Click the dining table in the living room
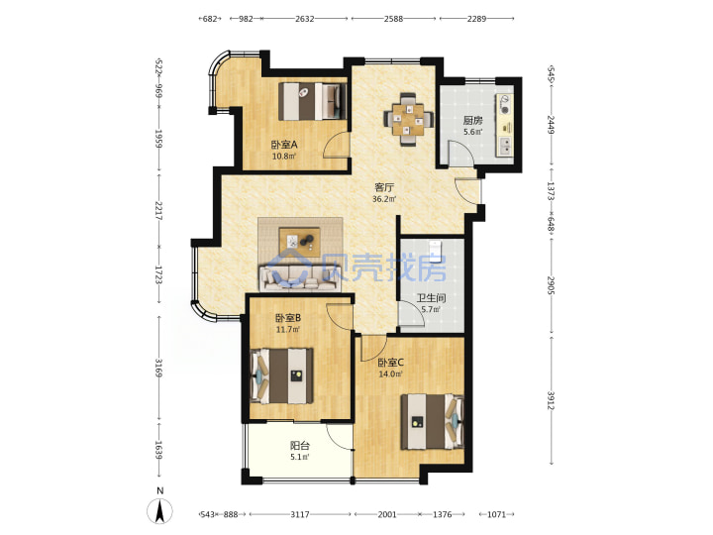408,119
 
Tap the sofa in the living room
299,278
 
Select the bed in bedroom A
312,101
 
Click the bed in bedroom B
282,375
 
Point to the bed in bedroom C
432,422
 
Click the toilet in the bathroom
435,250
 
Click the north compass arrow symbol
159,511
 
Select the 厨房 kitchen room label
473,121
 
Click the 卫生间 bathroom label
432,298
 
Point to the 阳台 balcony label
300,446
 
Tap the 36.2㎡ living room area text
384,199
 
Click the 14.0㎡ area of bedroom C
390,374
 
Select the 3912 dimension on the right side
552,400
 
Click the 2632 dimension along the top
305,19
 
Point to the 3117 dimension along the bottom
300,514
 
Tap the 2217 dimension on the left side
158,211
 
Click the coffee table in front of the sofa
300,239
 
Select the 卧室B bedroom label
288,318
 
